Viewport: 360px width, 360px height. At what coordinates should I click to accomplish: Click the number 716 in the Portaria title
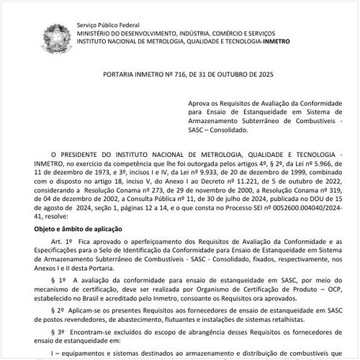pos(181,75)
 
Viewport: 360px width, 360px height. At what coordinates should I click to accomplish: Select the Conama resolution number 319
pos(333,194)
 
